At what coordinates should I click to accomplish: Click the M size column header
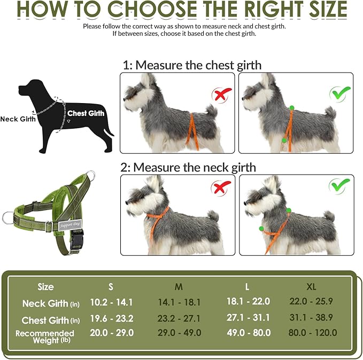tap(179, 287)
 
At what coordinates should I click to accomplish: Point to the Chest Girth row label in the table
tap(51, 320)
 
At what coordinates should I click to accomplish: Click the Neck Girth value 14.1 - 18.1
tap(179, 302)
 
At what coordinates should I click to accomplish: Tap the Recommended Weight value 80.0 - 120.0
tap(312, 333)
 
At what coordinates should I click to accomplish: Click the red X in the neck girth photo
tap(220, 188)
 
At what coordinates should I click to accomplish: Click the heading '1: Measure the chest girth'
tap(191, 66)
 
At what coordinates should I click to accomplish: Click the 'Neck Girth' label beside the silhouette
tap(18, 119)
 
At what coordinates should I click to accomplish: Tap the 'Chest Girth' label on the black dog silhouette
tap(86, 113)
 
